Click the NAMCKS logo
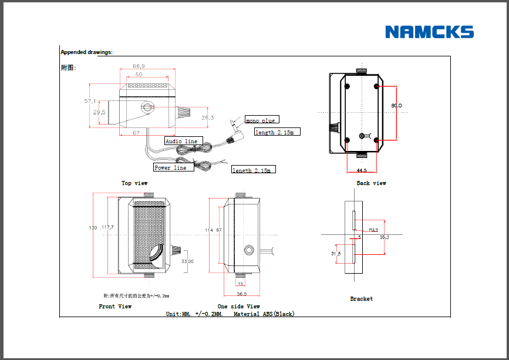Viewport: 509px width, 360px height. point(429,32)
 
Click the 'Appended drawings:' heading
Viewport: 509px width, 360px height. point(86,52)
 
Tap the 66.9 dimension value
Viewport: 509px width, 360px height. point(139,66)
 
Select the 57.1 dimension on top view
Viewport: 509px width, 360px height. point(90,101)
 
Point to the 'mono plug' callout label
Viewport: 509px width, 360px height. point(260,120)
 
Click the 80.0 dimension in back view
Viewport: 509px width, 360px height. point(396,106)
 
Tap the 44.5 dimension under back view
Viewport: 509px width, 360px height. point(362,170)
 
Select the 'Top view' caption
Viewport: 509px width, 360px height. point(134,183)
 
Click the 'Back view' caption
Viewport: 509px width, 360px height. point(371,183)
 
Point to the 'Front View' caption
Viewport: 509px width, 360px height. point(115,307)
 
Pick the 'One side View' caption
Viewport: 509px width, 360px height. point(238,307)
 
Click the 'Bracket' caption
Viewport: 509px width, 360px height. point(361,299)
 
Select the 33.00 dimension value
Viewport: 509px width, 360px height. point(187,261)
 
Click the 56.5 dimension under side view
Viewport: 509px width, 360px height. point(241,294)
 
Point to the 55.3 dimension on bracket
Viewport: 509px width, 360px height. point(385,237)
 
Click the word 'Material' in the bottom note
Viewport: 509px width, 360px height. point(246,314)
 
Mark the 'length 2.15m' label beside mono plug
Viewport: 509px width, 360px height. point(277,132)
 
